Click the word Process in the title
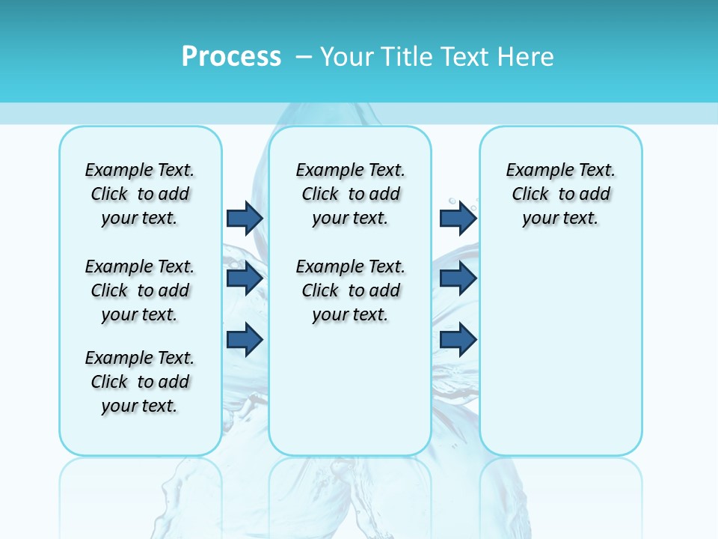[231, 56]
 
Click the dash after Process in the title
[304, 57]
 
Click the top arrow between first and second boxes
[245, 218]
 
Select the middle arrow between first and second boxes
[245, 278]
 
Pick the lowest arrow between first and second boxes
[245, 339]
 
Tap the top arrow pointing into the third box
[458, 218]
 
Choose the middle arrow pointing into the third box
[458, 278]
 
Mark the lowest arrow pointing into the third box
[458, 339]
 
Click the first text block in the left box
[140, 194]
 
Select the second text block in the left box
[140, 290]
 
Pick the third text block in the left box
[140, 382]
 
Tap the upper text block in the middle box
[350, 194]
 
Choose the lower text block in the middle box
[350, 290]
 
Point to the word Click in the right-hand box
[530, 195]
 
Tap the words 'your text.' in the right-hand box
[560, 219]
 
